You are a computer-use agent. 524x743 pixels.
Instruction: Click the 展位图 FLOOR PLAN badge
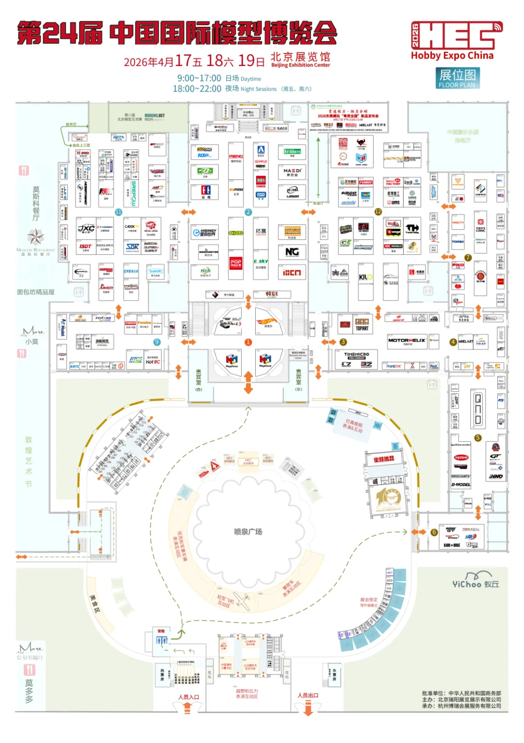point(458,78)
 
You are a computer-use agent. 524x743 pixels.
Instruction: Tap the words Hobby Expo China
point(452,56)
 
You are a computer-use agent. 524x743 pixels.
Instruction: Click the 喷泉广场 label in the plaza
point(248,531)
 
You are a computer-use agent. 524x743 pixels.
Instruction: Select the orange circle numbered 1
point(248,342)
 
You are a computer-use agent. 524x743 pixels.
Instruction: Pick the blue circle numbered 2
point(248,212)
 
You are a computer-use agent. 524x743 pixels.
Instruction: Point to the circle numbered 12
point(378,212)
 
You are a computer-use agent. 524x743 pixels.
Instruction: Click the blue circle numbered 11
point(118,212)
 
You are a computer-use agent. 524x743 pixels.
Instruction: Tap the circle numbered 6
point(434,532)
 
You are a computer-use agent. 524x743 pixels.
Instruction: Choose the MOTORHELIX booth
point(407,341)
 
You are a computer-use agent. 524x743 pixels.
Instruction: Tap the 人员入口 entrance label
point(188,697)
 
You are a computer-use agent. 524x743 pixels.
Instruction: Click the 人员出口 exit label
point(308,695)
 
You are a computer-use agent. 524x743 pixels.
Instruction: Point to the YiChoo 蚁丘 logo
point(475,583)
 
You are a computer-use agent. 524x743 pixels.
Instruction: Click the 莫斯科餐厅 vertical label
point(36,204)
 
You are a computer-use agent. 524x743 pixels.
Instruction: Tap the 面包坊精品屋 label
point(35,292)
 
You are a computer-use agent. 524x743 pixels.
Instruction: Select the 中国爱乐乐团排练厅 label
point(463,136)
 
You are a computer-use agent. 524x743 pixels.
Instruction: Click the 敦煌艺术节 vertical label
point(29,462)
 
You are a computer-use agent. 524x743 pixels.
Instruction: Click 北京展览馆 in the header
point(300,57)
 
